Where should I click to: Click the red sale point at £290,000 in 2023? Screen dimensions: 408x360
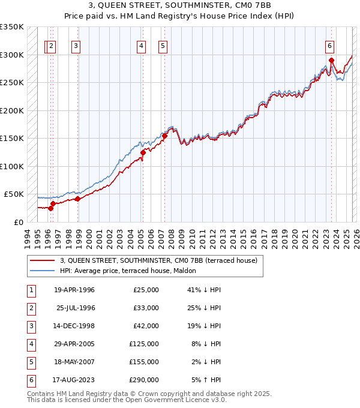point(331,60)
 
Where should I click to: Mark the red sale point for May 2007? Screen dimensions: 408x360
point(164,136)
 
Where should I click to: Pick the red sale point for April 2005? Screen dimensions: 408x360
point(143,152)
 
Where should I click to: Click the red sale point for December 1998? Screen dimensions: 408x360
point(78,199)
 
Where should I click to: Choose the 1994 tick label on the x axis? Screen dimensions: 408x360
point(28,238)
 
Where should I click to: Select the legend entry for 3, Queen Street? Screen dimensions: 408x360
point(158,260)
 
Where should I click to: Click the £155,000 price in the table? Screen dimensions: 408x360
point(144,362)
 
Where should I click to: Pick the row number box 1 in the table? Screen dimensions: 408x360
point(30,290)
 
